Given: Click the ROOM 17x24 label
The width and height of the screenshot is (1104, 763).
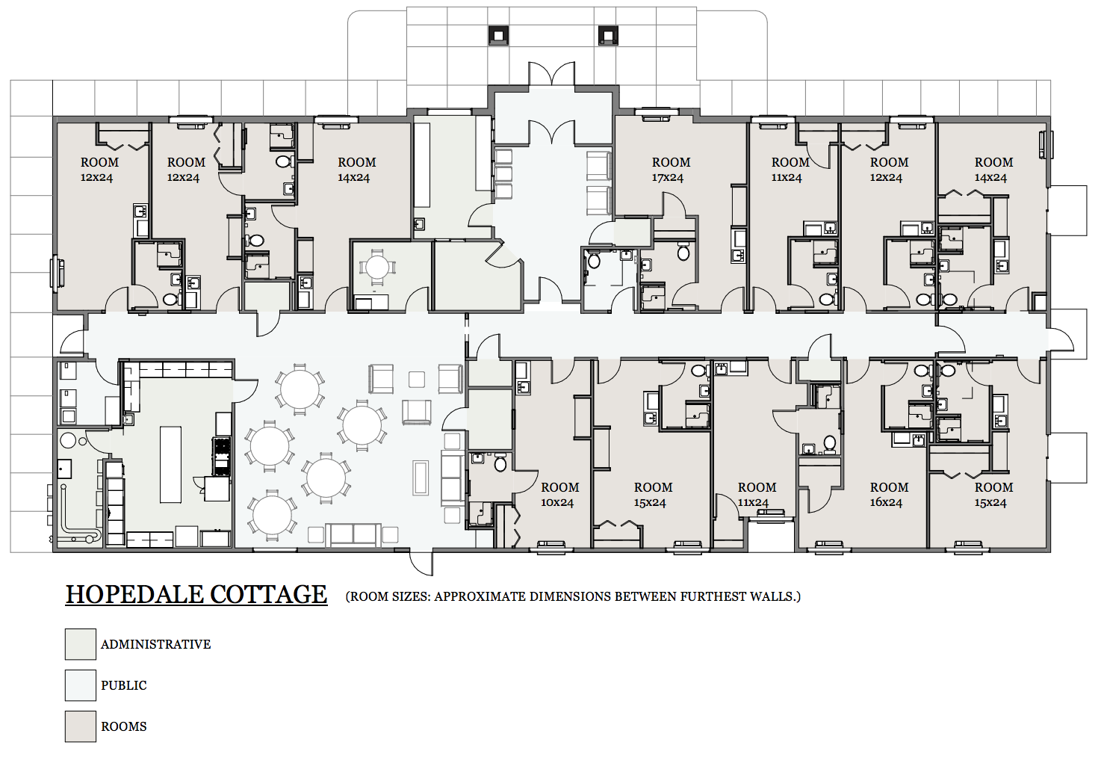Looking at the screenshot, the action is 670,169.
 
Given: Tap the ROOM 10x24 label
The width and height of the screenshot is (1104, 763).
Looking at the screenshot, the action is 559,495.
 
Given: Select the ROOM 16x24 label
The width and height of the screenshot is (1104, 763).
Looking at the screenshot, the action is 889,495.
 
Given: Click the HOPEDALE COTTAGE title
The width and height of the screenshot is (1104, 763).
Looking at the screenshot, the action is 196,594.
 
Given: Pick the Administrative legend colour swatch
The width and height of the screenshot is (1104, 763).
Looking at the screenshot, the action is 81,644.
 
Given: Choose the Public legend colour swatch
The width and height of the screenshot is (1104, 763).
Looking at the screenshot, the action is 81,685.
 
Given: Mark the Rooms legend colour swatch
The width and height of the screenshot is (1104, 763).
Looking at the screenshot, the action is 81,726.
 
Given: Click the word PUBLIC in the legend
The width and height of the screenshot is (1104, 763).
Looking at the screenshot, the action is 124,685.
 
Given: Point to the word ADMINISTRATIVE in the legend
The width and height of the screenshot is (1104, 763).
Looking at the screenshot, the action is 156,645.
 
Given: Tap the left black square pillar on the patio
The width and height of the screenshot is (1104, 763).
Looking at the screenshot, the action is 498,36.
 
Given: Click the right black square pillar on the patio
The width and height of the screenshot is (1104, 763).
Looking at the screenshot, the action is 608,36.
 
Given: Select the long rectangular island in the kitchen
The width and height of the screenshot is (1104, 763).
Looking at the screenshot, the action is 170,465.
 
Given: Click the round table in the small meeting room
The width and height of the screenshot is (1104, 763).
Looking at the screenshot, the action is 377,268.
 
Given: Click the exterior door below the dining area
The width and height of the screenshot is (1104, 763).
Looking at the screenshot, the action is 421,563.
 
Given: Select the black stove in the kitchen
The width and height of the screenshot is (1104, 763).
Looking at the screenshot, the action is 221,456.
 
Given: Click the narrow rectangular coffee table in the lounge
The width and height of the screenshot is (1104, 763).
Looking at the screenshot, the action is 421,478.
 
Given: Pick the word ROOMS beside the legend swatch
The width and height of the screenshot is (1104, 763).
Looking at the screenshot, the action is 124,726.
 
